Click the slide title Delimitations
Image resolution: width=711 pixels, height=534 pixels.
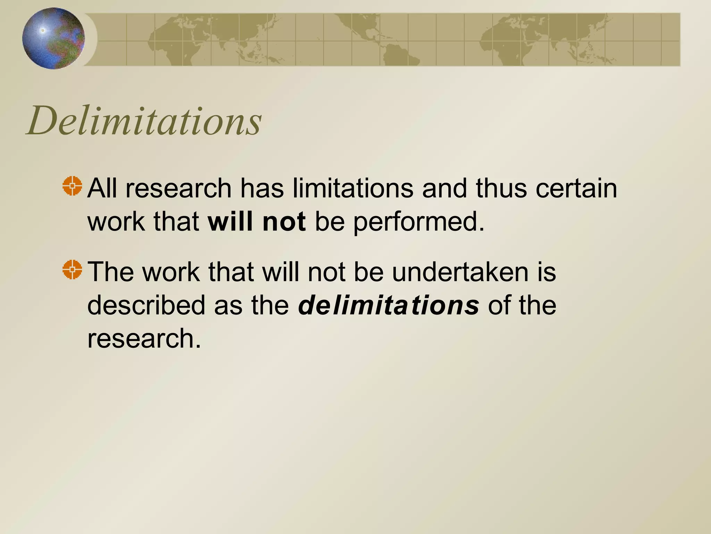(144, 121)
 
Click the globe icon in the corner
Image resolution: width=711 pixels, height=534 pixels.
(53, 38)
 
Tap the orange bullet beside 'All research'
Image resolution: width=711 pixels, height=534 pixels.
(72, 186)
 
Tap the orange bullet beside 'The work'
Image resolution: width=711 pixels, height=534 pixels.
(72, 269)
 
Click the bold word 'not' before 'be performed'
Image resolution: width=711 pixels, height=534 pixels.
(284, 221)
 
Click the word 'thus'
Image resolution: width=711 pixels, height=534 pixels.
(501, 188)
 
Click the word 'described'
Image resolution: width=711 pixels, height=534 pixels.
(146, 305)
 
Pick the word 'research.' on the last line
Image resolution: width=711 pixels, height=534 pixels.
(144, 338)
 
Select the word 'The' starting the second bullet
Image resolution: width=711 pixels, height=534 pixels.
(110, 272)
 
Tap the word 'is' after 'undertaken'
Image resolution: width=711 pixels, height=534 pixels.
(547, 272)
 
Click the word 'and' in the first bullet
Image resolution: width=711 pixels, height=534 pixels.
(444, 188)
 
